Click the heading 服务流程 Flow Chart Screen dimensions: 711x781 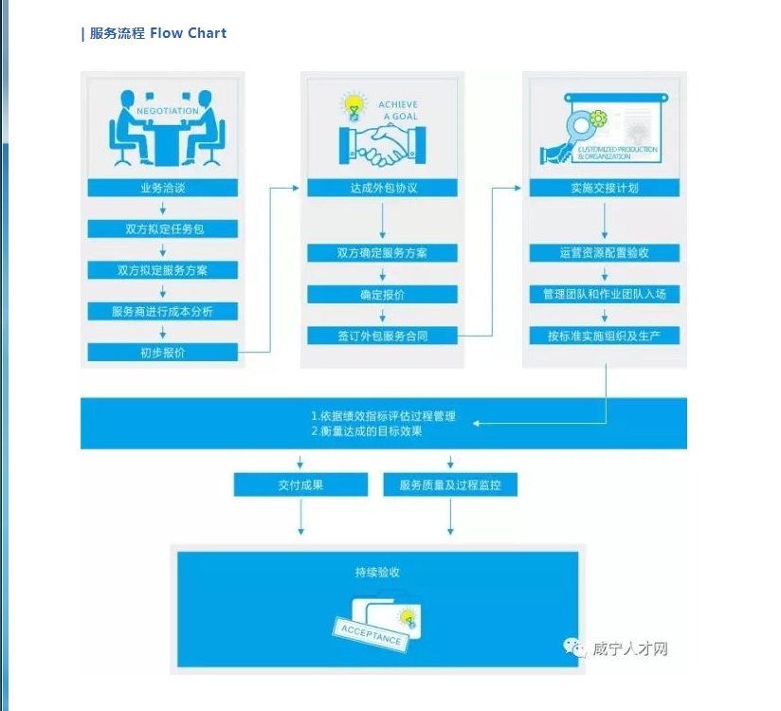[x=155, y=33]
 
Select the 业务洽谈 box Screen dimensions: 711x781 [x=162, y=188]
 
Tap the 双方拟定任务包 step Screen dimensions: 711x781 [x=162, y=228]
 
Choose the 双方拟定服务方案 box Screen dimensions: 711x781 [x=162, y=270]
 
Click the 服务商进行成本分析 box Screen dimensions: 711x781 [x=162, y=311]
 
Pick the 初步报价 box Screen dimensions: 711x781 [x=162, y=353]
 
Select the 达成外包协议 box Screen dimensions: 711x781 [x=382, y=188]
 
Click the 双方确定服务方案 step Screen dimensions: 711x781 [x=382, y=253]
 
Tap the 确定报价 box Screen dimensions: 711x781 [x=382, y=295]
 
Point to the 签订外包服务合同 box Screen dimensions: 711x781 [x=382, y=336]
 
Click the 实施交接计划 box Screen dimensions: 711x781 [x=604, y=188]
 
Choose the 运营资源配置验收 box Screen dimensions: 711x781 [x=604, y=253]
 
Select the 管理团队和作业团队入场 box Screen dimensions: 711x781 [x=604, y=294]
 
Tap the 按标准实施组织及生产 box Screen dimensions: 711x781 [x=604, y=336]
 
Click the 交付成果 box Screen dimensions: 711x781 [x=300, y=485]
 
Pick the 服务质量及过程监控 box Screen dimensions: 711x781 [x=450, y=485]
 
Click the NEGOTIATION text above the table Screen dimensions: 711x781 [x=168, y=111]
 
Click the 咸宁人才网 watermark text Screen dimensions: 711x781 [x=630, y=649]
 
